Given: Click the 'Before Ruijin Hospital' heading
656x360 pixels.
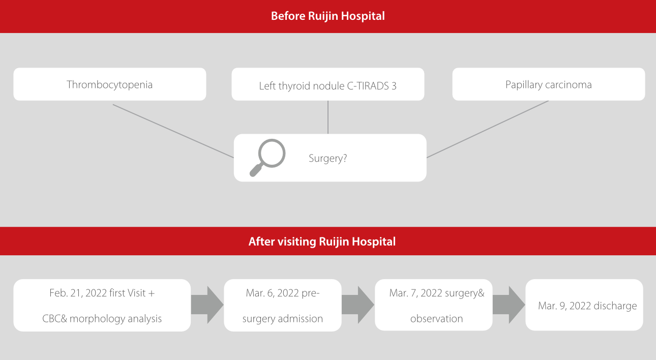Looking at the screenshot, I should point(327,16).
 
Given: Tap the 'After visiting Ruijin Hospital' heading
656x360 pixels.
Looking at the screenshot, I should point(322,242).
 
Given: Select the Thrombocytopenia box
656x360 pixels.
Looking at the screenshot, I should point(109,84).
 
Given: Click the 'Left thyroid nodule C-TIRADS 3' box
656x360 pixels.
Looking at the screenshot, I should point(327,85).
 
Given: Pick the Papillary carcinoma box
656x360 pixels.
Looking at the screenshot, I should point(548,84).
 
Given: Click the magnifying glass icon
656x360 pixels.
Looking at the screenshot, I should point(267,157).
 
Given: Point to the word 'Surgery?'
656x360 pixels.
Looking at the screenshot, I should point(327,158).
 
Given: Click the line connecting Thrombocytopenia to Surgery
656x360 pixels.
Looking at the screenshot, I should point(173,131).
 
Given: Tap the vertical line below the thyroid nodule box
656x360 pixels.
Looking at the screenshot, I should point(327,117).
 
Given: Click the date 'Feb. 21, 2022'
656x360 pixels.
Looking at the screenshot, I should point(78,293).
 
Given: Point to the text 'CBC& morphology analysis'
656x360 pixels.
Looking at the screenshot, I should point(102,319).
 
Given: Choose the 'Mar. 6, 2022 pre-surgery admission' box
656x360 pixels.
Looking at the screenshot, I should point(282,306).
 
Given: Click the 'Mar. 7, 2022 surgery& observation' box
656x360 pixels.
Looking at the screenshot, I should point(433,306).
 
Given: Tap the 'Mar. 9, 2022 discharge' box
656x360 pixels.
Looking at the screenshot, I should point(584,306).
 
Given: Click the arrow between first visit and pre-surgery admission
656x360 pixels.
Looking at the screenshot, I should point(207,305).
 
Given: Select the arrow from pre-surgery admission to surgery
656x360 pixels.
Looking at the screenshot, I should point(357,305).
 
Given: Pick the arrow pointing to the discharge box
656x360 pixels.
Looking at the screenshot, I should point(509,305).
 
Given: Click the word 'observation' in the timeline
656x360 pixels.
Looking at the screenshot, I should point(436,319).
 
